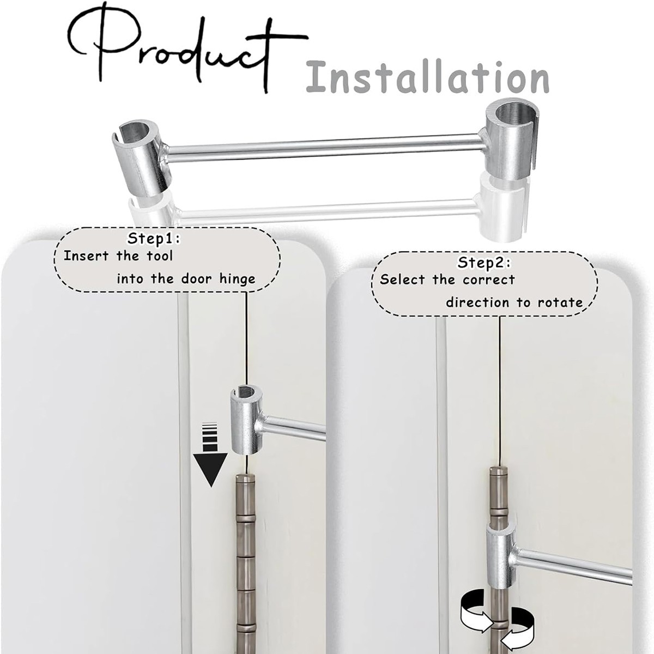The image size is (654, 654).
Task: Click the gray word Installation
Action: [428, 77]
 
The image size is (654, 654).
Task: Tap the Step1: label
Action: [154, 239]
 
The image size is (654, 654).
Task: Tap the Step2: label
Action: [484, 262]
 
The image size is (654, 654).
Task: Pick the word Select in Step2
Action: [402, 280]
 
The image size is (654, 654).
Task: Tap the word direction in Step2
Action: [477, 302]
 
